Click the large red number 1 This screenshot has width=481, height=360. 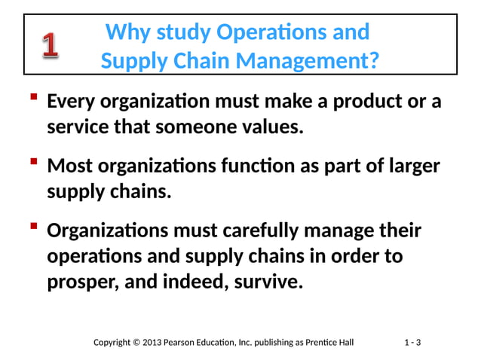tap(51, 47)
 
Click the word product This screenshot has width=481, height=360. tap(361, 101)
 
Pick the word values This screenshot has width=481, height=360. tap(274, 127)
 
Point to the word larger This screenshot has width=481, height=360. tap(412, 165)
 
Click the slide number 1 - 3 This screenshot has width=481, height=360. tap(412, 343)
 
